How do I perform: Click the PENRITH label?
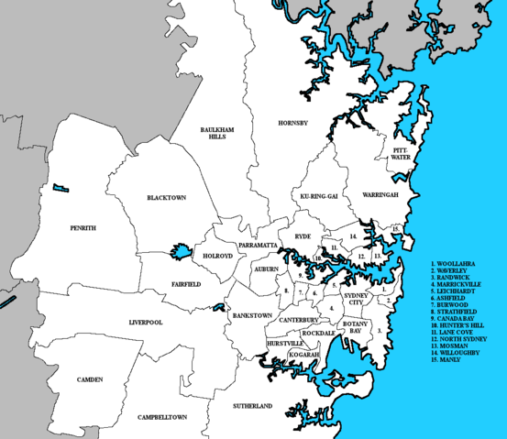[x=83, y=227]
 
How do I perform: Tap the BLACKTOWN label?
[x=167, y=198]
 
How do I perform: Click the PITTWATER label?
[x=402, y=152]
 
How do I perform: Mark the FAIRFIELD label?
[x=185, y=284]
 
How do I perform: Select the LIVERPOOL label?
[x=146, y=323]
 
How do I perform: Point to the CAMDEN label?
[x=90, y=379]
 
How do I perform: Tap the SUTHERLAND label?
[x=252, y=405]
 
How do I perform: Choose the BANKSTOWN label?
[x=251, y=314]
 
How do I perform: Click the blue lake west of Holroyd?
[x=180, y=252]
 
